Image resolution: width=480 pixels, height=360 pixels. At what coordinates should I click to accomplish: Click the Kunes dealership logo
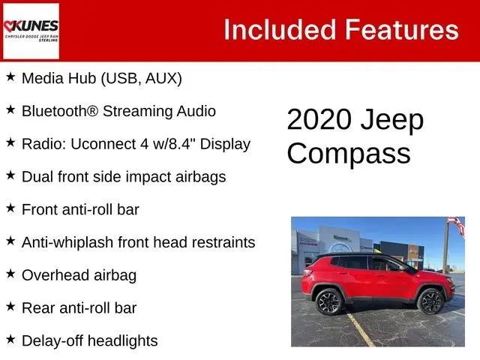pos(31,31)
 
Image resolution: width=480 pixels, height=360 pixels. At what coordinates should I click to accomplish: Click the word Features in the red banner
pos(402,30)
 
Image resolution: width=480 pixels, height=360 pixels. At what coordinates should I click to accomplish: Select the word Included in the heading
pos(280,30)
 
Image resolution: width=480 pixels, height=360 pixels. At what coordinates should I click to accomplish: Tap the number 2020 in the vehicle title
pos(319,119)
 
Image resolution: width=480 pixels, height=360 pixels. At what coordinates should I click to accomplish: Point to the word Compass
pos(349,154)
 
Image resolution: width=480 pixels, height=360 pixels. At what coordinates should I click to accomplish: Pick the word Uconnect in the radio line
pos(103,144)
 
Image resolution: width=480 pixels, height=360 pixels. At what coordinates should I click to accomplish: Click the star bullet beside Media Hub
pos(10,76)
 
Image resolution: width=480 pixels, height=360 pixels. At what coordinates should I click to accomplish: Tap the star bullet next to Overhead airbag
pos(10,273)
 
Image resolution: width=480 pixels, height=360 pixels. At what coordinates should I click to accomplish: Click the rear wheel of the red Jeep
pos(329,301)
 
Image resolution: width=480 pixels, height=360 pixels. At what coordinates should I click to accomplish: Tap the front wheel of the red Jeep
pos(430,301)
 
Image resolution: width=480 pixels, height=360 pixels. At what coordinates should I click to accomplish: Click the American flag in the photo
pos(457,225)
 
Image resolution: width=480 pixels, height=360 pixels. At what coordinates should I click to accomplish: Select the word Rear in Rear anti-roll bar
pos(38,308)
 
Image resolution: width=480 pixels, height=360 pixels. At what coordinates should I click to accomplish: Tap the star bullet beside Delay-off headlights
pos(10,339)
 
